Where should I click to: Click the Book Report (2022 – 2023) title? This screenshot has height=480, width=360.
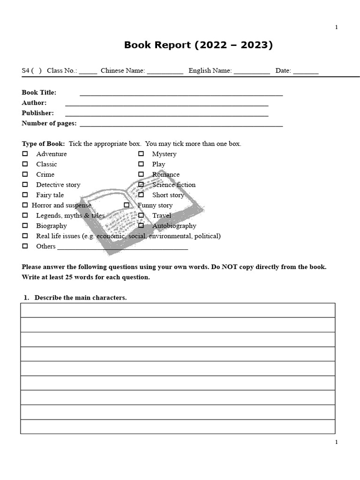(x=198, y=45)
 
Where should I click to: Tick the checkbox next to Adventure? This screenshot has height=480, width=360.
(x=25, y=154)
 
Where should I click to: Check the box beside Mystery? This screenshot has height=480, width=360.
(x=141, y=154)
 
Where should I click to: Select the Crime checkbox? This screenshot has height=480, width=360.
(x=25, y=174)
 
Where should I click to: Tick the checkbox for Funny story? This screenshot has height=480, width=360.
(x=127, y=205)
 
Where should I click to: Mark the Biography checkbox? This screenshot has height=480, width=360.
(x=25, y=225)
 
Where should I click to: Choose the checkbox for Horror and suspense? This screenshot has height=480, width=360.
(x=25, y=205)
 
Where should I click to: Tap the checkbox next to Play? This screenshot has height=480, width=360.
(x=141, y=164)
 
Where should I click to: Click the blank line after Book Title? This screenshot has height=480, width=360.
(x=181, y=94)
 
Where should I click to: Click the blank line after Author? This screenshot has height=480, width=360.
(x=166, y=104)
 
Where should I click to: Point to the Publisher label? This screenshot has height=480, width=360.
(x=37, y=113)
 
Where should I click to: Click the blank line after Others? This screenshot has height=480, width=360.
(x=122, y=248)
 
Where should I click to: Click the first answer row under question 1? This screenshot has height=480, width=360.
(x=178, y=310)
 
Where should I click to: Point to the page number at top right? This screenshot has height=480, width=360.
(x=336, y=27)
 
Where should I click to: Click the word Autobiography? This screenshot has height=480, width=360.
(x=174, y=225)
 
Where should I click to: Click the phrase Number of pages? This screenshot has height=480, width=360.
(x=49, y=123)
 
